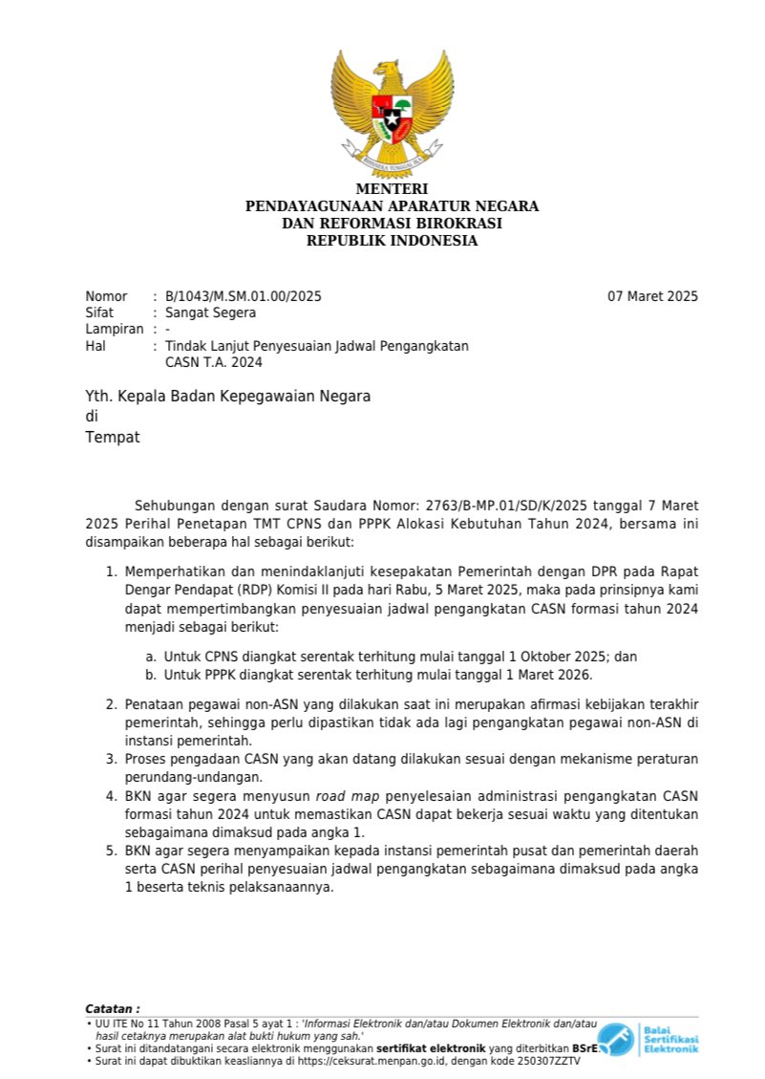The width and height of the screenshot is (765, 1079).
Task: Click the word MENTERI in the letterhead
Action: [x=392, y=189]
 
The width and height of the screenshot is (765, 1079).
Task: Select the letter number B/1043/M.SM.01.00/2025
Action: [x=244, y=296]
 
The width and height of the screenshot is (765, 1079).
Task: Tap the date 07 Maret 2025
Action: [x=652, y=296]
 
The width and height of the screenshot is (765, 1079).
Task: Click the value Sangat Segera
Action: [x=210, y=313]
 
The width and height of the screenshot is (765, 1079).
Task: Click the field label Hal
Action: [x=95, y=345]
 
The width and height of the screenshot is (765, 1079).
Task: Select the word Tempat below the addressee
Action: [x=113, y=437]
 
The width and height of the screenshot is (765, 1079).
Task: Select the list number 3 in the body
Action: [x=109, y=760]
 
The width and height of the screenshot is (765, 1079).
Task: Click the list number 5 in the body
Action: [x=109, y=851]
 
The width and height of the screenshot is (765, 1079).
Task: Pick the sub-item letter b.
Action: [x=151, y=675]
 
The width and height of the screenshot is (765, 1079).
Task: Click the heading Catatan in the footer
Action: [x=112, y=1008]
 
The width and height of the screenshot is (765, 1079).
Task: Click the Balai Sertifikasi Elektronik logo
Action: [x=648, y=1039]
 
